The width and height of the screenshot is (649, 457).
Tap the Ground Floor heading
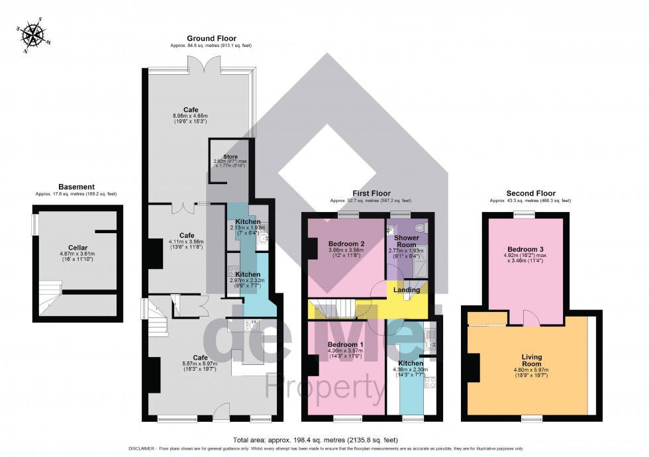point(211,38)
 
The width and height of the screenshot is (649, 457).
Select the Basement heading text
point(76,187)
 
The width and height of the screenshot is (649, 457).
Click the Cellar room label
point(77,247)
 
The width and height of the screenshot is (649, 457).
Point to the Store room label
point(230,157)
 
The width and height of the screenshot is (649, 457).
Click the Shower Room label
point(406,241)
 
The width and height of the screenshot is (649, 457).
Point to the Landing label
point(407,289)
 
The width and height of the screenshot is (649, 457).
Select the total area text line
point(324,439)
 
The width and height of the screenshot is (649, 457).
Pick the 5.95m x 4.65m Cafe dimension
point(191,116)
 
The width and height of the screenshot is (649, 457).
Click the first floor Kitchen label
point(411,364)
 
